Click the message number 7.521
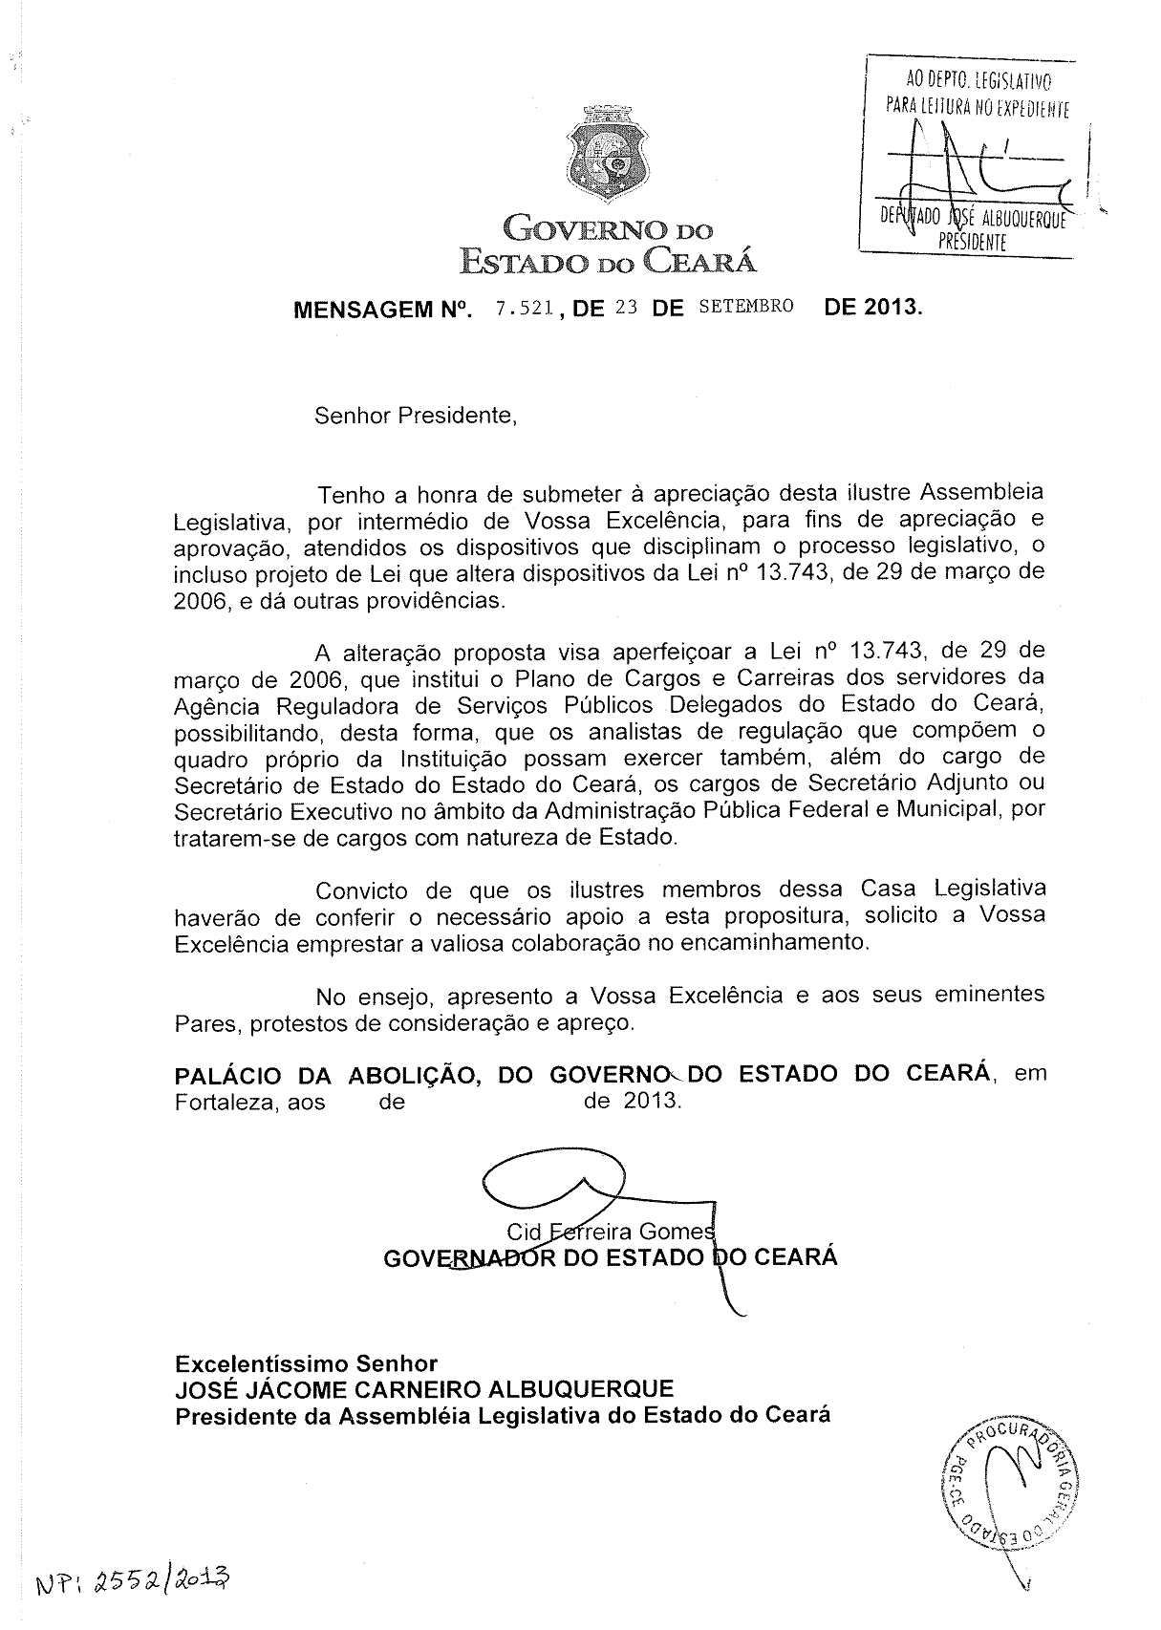pyautogui.click(x=523, y=308)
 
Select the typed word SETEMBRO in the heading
pyautogui.click(x=746, y=307)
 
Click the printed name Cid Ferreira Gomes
pyautogui.click(x=610, y=1231)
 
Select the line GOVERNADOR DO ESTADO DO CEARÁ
pyautogui.click(x=610, y=1256)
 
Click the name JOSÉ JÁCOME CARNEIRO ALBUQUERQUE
pyautogui.click(x=424, y=1388)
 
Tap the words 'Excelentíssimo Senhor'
pyautogui.click(x=306, y=1362)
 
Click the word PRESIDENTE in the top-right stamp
pyautogui.click(x=972, y=243)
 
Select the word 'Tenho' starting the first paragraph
pyautogui.click(x=351, y=495)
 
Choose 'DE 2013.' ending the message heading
pyautogui.click(x=873, y=308)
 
